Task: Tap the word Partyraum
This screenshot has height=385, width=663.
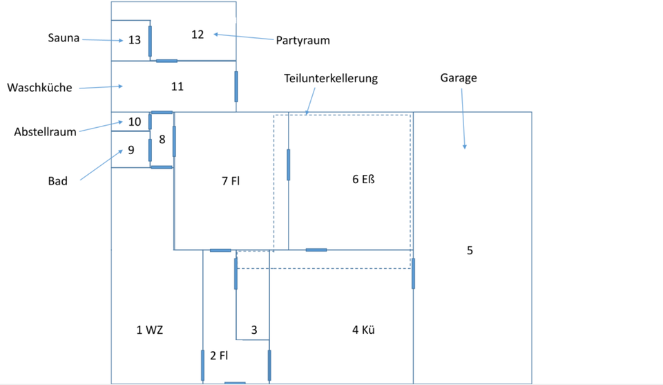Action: tap(302, 40)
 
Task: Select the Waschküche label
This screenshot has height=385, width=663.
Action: tap(39, 88)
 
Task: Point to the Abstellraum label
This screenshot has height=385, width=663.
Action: tap(45, 132)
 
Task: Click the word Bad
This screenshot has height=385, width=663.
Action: tap(58, 181)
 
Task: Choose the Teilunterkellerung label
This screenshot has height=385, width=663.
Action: tap(331, 78)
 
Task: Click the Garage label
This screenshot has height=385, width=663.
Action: tap(459, 78)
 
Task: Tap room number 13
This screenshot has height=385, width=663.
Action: tap(135, 40)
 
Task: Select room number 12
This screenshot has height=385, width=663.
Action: tap(198, 35)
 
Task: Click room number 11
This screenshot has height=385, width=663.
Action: tap(177, 86)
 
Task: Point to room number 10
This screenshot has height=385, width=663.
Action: tap(135, 122)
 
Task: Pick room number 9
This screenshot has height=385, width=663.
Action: tap(131, 150)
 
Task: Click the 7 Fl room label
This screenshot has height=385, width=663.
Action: tap(231, 181)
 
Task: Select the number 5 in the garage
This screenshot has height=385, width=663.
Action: tap(470, 250)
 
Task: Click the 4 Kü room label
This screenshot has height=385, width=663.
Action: tap(363, 330)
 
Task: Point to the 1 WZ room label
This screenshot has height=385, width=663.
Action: tap(150, 330)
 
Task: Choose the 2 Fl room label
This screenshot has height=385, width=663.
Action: tap(219, 356)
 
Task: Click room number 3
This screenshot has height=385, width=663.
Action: tap(254, 330)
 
